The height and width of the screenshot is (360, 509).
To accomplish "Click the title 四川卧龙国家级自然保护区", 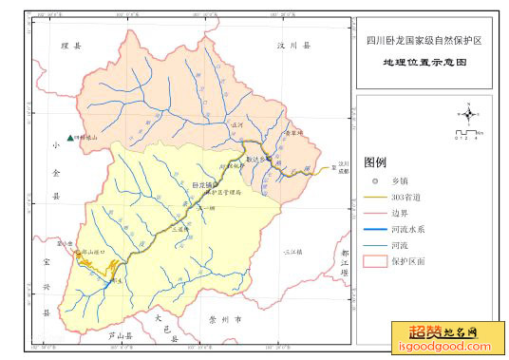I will (x=424, y=42).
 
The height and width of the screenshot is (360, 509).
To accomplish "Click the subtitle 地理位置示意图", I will (x=424, y=63).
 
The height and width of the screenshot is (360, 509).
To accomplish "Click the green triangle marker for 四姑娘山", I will (x=70, y=137).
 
